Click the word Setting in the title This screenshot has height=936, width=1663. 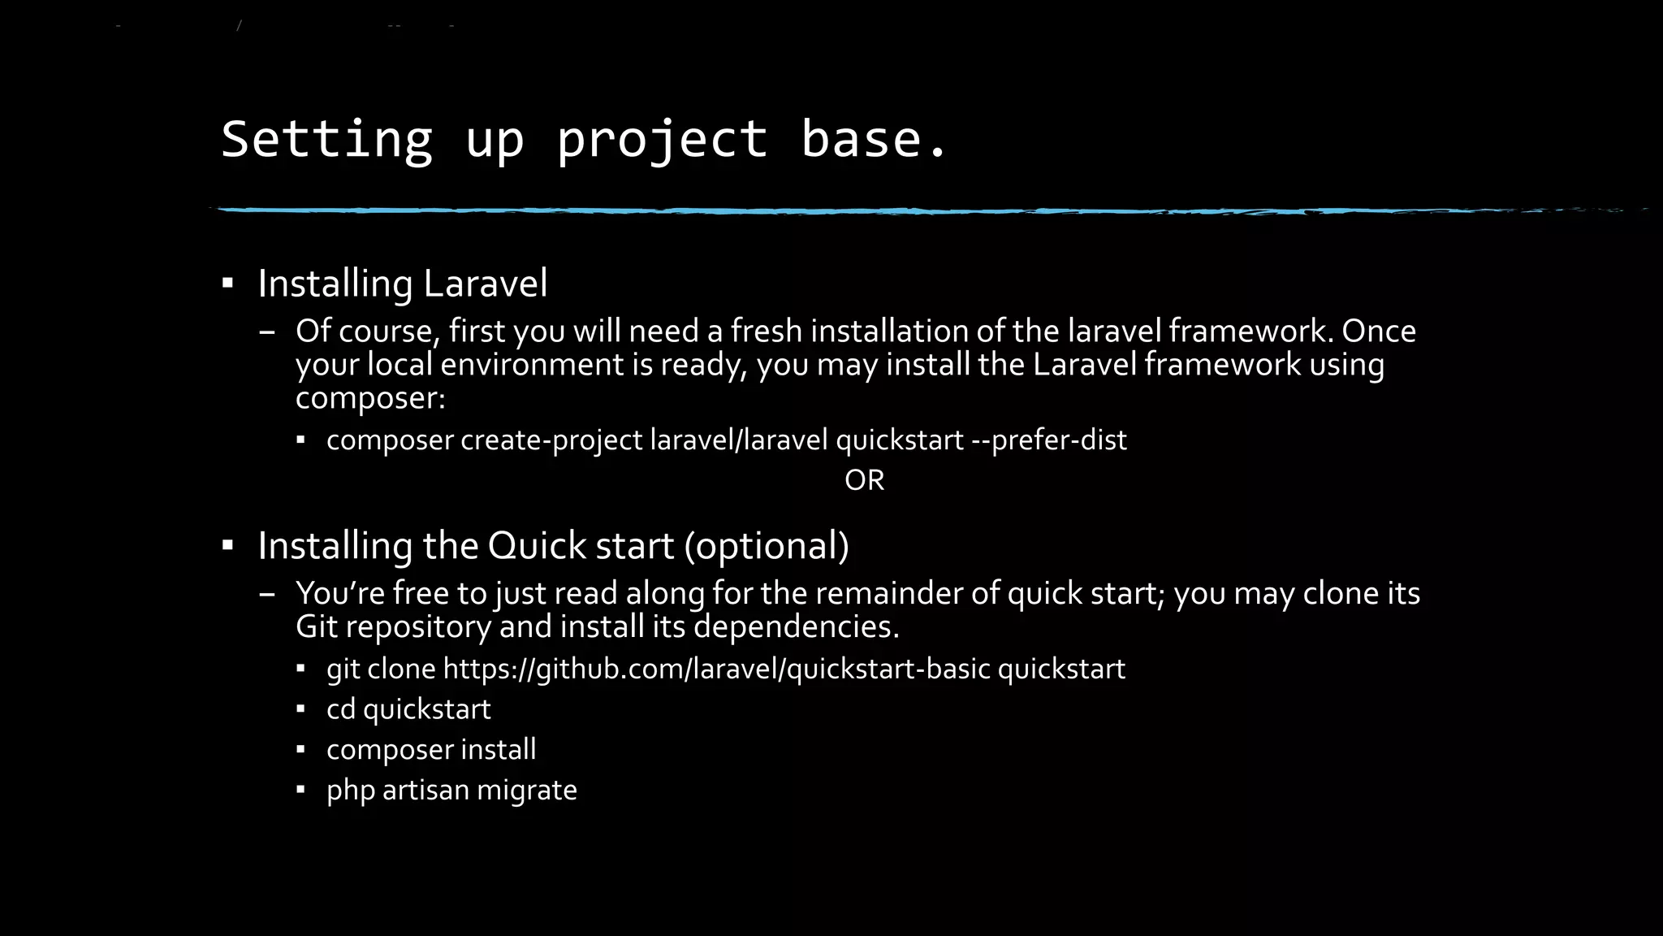click(327, 140)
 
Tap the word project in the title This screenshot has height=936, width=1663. click(662, 140)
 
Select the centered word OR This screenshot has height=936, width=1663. click(864, 480)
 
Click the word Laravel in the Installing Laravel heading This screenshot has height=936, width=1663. click(485, 284)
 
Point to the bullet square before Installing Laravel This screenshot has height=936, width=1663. click(228, 284)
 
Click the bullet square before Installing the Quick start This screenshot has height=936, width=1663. click(228, 545)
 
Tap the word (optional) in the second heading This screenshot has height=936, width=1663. click(767, 545)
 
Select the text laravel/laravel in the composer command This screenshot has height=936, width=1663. click(739, 440)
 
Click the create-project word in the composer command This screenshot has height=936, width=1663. click(551, 440)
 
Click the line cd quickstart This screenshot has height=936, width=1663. click(408, 709)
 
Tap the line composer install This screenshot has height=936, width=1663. click(431, 749)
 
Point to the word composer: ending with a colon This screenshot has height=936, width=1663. click(370, 398)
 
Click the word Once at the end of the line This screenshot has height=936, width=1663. click(1379, 331)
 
